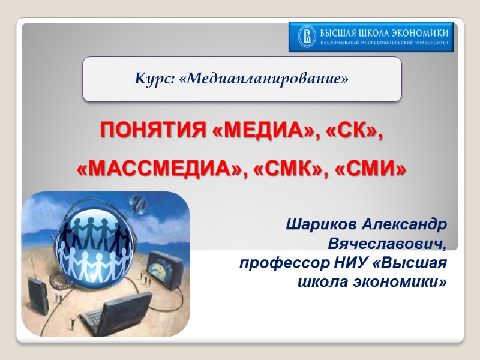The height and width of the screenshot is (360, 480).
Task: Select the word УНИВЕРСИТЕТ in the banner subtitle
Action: click(427, 44)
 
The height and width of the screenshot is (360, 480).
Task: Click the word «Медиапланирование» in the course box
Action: click(263, 79)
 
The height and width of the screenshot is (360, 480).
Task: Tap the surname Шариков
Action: click(323, 225)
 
